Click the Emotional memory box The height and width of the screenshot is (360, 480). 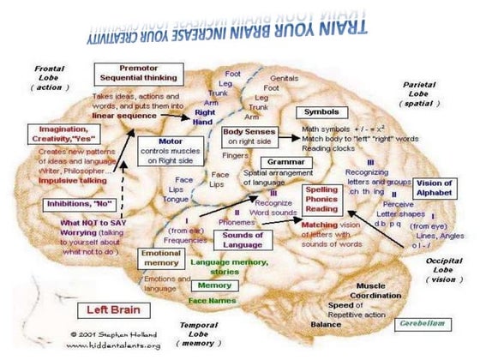(160, 259)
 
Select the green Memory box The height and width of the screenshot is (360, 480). (214, 285)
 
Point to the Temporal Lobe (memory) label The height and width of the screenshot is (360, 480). (201, 333)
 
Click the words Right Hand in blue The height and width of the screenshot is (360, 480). (205, 117)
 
